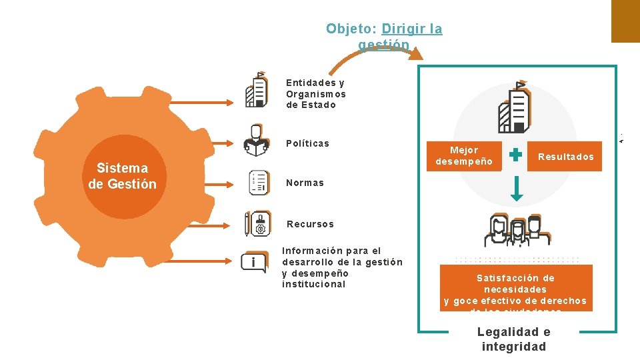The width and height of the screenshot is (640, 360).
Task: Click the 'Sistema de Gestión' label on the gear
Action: [x=122, y=176]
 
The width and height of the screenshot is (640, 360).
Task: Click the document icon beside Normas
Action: [x=259, y=183]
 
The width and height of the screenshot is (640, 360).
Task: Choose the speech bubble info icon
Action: [x=253, y=262]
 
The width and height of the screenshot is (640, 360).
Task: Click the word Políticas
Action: [x=307, y=143]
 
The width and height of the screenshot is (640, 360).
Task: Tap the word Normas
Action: [x=305, y=183]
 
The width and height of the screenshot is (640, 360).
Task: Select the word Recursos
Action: [x=310, y=224]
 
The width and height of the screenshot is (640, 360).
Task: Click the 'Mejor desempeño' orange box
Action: [x=464, y=156]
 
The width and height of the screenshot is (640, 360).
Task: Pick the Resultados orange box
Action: [x=565, y=157]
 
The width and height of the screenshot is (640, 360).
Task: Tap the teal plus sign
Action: [x=515, y=155]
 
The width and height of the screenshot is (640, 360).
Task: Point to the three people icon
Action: [x=517, y=230]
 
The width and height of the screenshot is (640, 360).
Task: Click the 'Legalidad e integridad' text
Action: [x=514, y=339]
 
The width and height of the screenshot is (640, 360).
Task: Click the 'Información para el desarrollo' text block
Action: [x=341, y=267]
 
